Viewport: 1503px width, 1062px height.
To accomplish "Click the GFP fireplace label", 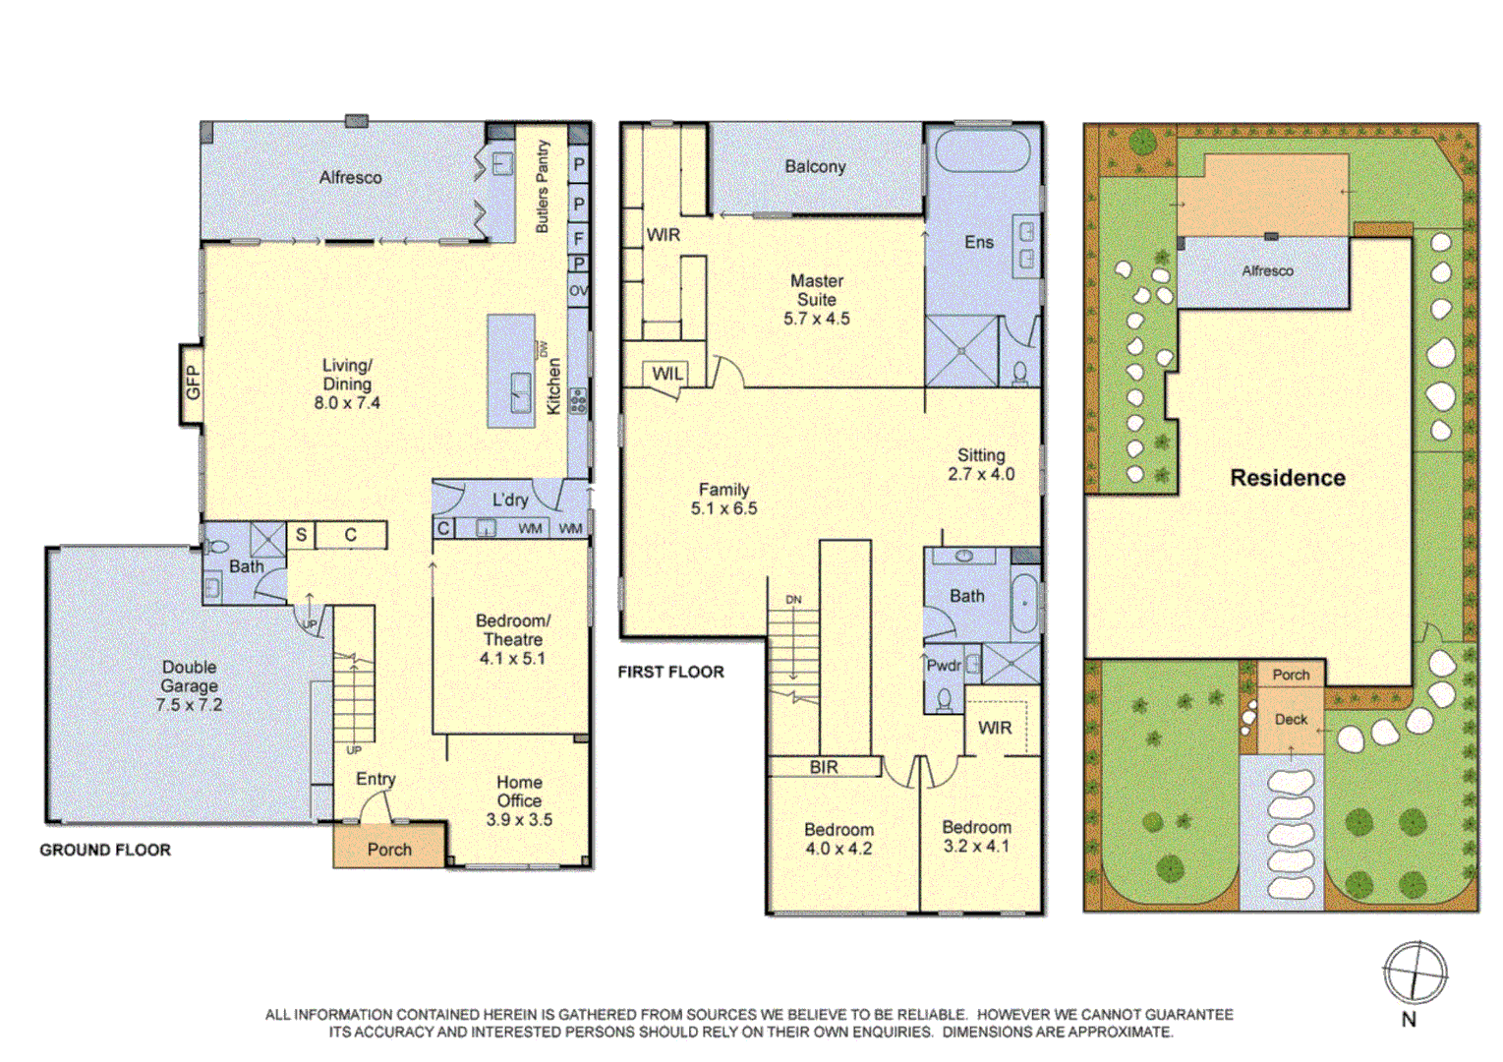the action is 193,383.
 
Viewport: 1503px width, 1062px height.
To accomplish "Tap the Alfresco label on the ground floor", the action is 350,177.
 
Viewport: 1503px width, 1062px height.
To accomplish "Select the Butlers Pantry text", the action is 543,186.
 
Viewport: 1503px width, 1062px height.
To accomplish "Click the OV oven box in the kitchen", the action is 578,291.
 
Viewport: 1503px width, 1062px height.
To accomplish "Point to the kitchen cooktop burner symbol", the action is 578,400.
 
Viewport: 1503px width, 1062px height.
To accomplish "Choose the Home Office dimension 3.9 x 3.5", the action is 519,820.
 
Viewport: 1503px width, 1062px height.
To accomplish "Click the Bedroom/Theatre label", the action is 512,629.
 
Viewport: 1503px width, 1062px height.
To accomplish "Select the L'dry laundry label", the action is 510,500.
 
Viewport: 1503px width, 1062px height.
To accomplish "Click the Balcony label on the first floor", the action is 815,166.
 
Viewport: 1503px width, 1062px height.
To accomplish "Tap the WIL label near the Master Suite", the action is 666,374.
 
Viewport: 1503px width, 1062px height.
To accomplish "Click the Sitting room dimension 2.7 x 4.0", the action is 981,474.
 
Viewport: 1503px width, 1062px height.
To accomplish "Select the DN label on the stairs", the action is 793,600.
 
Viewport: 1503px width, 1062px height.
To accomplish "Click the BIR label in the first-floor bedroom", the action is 824,767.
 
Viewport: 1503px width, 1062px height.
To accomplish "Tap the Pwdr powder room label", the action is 944,666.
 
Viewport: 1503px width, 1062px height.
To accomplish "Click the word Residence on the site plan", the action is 1287,477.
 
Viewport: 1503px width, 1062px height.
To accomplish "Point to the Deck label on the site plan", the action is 1291,719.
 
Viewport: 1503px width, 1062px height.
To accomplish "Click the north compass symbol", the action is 1416,973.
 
